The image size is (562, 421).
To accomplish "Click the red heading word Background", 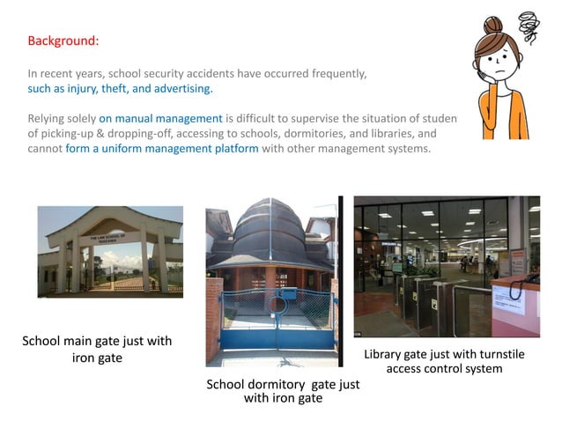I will (x=63, y=41).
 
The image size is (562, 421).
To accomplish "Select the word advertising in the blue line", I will (x=184, y=89).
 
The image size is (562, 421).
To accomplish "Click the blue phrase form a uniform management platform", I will (x=162, y=148).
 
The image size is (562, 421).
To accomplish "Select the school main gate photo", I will (x=110, y=252).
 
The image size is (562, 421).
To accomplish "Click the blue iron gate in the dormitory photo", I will (x=272, y=321).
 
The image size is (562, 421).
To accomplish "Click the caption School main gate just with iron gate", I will (x=97, y=349).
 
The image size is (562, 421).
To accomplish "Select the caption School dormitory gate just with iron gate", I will (x=283, y=391).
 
